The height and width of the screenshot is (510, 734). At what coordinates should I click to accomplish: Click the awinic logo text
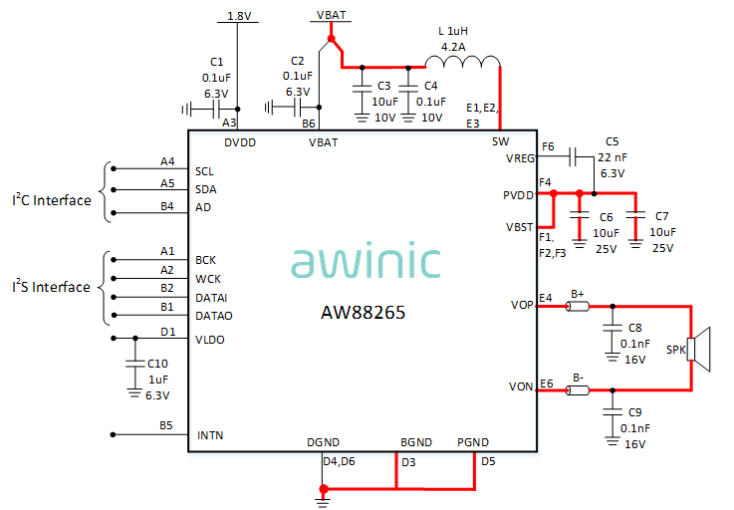(366, 261)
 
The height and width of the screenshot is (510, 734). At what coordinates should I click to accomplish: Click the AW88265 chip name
(363, 312)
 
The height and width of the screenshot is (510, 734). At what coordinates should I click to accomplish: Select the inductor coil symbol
(468, 63)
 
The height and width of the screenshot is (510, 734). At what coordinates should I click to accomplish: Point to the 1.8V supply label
(239, 16)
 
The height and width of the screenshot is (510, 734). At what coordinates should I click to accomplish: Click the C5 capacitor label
(612, 141)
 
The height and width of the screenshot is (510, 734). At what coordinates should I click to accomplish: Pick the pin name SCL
(205, 170)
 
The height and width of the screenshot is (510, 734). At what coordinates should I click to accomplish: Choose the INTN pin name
(210, 435)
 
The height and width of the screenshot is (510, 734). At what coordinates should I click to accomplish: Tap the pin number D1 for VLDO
(167, 332)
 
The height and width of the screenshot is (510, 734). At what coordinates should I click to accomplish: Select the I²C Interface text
(51, 200)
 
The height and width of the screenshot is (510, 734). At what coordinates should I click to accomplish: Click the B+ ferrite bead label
(577, 294)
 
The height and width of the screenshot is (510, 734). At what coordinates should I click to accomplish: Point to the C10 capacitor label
(157, 364)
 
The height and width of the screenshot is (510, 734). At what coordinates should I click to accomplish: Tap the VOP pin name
(521, 306)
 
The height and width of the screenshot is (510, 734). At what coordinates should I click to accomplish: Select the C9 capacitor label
(635, 411)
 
